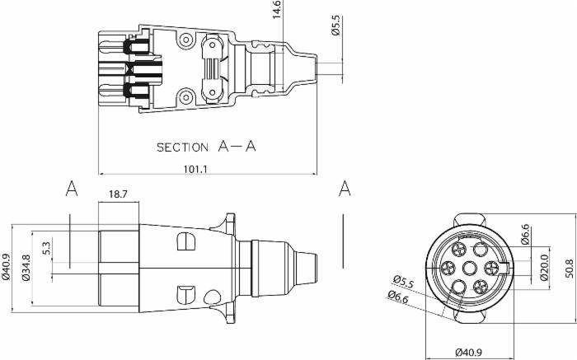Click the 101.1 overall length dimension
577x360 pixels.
[195, 169]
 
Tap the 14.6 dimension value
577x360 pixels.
[277, 10]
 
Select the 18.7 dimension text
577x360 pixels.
[118, 194]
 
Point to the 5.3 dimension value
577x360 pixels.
[46, 248]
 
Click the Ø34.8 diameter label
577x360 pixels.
[26, 268]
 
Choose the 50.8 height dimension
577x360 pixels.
[570, 269]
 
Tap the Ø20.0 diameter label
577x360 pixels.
[545, 268]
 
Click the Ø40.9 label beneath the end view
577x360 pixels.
[468, 352]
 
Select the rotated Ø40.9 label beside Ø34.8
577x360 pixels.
[7, 268]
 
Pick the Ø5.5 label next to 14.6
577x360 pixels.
[336, 26]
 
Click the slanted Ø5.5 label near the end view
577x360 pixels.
[403, 281]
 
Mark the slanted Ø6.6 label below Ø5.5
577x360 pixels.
[398, 297]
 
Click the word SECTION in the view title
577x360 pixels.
[182, 147]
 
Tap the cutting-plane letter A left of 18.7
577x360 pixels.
[72, 189]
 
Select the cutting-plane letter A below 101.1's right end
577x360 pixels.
[345, 189]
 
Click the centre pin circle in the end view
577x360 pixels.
[469, 268]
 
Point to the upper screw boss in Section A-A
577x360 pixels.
[185, 40]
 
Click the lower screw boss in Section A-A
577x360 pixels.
[185, 97]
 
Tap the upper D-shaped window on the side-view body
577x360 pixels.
[186, 241]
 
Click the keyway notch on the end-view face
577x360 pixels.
[504, 268]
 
